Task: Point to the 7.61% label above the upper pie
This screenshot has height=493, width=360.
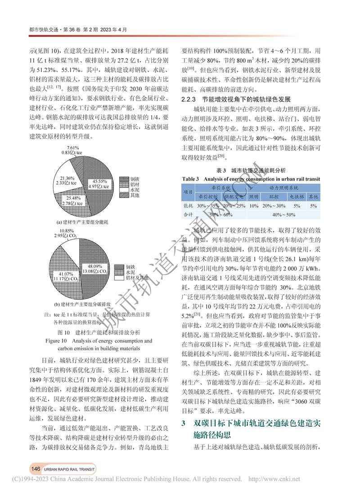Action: (x=72, y=148)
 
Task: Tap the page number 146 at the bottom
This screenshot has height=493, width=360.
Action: (x=36, y=469)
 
